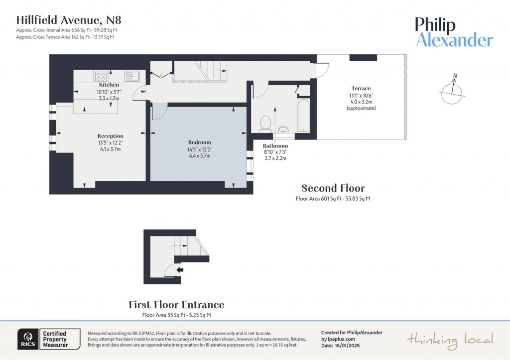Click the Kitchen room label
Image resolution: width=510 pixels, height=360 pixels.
pyautogui.click(x=109, y=85)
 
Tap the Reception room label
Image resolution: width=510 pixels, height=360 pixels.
pyautogui.click(x=110, y=136)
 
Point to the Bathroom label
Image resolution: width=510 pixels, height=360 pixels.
pyautogui.click(x=275, y=146)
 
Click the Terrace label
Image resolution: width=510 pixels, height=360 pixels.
pyautogui.click(x=361, y=89)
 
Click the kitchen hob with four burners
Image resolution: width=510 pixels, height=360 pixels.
pyautogui.click(x=101, y=77)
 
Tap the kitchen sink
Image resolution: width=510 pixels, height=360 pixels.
pyautogui.click(x=132, y=77)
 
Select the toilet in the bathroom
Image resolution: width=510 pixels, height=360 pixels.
pyautogui.click(x=265, y=122)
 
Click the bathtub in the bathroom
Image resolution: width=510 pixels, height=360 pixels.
pyautogui.click(x=303, y=116)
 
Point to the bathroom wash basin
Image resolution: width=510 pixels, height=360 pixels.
pyautogui.click(x=283, y=129)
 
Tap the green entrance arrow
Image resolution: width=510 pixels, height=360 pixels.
pyautogui.click(x=180, y=270)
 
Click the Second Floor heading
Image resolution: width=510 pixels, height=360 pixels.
pyautogui.click(x=333, y=188)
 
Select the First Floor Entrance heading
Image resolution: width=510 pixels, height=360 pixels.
pyautogui.click(x=176, y=305)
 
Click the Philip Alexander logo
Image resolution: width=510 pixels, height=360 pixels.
pyautogui.click(x=454, y=32)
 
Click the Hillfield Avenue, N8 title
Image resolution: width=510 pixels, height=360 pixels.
pyautogui.click(x=69, y=20)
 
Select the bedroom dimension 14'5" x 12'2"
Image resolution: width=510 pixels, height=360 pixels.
pyautogui.click(x=199, y=149)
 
